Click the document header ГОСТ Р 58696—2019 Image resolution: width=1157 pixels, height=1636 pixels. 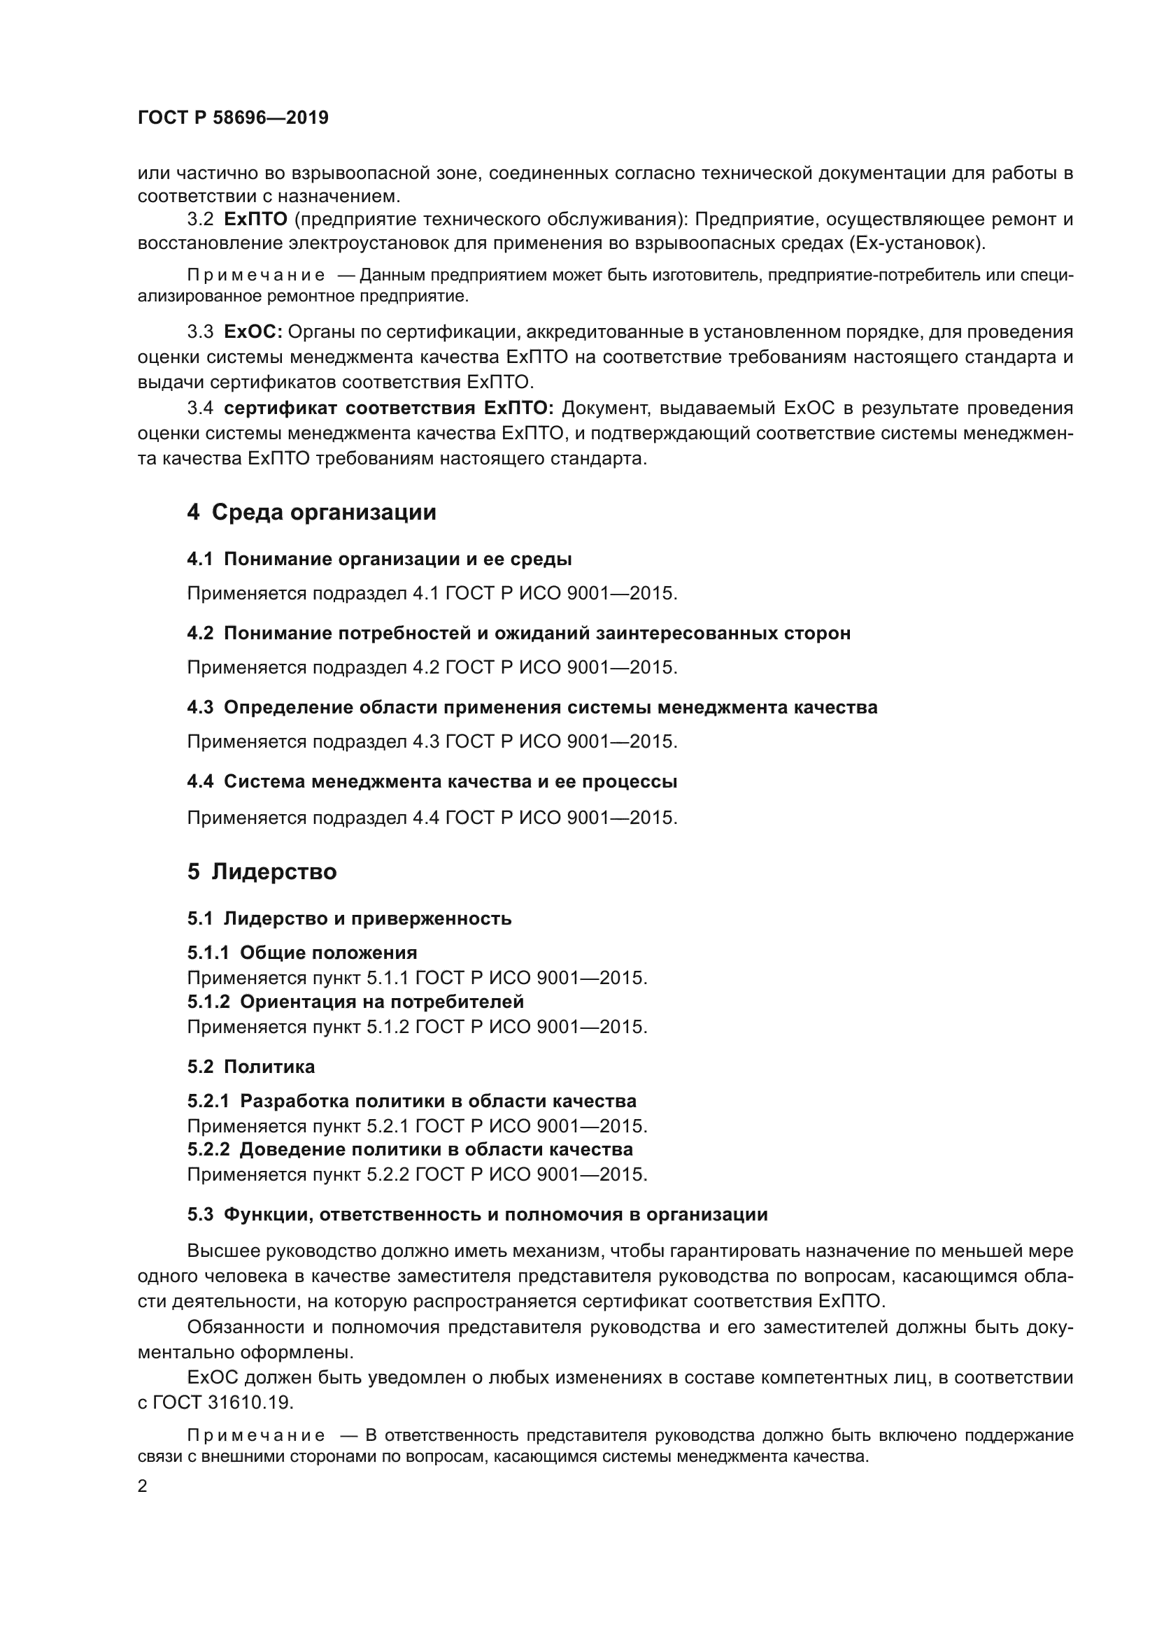point(233,118)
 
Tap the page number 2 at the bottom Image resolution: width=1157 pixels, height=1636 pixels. point(143,1487)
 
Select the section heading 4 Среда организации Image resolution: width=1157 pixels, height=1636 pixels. point(311,512)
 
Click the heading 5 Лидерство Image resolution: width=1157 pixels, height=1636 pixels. point(262,872)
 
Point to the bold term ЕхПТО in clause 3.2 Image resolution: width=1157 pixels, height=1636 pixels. point(255,219)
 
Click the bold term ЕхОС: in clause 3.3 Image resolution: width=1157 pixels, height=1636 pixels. point(253,332)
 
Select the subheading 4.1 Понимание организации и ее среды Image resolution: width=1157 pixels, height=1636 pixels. point(379,560)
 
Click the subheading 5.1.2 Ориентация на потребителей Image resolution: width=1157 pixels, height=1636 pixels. point(355,1002)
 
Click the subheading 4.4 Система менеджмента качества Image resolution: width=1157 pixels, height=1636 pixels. point(432,782)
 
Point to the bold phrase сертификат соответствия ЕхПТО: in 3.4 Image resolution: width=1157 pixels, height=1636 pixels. point(388,408)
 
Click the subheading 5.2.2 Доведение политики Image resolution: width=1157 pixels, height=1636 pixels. point(410,1149)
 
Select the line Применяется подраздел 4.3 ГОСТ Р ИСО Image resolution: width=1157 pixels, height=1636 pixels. point(432,741)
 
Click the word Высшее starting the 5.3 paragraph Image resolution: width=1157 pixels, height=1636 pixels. point(223,1251)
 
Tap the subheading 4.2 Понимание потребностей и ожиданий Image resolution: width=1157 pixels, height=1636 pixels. point(518,634)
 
